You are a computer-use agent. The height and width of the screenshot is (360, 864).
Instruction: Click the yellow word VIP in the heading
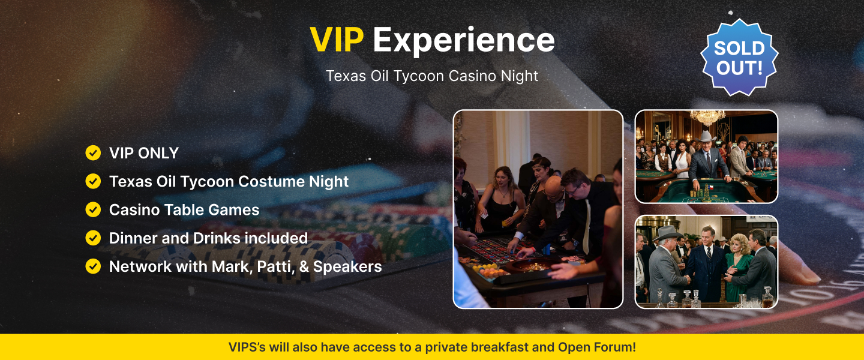click(337, 40)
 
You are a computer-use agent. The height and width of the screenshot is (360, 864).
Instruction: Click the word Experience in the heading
click(463, 40)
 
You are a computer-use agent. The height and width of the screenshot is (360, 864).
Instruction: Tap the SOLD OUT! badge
click(739, 58)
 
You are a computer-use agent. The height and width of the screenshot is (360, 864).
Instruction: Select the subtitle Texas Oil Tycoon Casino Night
click(432, 76)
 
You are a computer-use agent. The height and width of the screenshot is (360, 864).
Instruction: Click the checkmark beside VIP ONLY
click(93, 153)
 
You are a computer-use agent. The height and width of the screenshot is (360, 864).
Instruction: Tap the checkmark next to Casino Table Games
click(93, 209)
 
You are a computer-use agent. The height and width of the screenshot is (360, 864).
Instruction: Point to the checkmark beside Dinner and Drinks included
click(93, 238)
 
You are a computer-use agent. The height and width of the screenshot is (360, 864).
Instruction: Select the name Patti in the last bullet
click(274, 266)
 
